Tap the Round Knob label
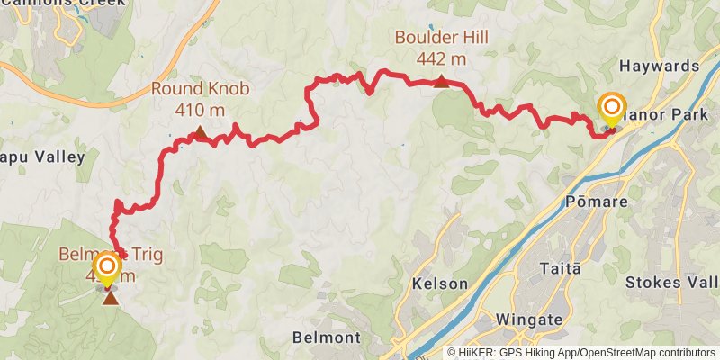[x=200, y=89]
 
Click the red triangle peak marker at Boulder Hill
[x=441, y=82]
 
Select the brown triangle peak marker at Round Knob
[x=200, y=135]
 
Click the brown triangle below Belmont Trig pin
[x=109, y=296]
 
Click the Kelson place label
[x=439, y=283]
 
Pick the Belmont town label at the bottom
[x=327, y=338]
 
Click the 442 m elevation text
[x=441, y=59]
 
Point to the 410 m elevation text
[x=200, y=109]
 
